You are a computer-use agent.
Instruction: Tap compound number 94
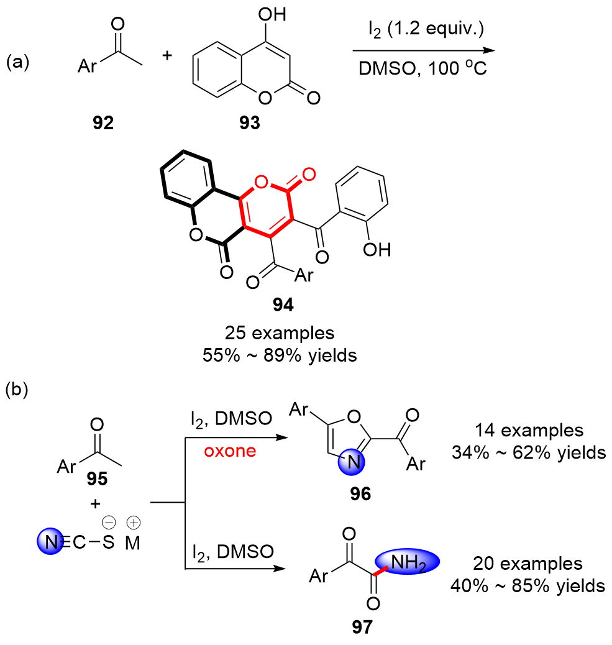(x=286, y=305)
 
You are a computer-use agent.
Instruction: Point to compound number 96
(x=360, y=494)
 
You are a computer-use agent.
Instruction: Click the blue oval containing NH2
(x=410, y=562)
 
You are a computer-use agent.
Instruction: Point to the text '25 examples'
(x=286, y=333)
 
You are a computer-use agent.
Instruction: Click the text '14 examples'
(x=528, y=429)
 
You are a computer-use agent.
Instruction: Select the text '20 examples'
(x=528, y=564)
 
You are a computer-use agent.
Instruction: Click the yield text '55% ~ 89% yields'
(x=286, y=355)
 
